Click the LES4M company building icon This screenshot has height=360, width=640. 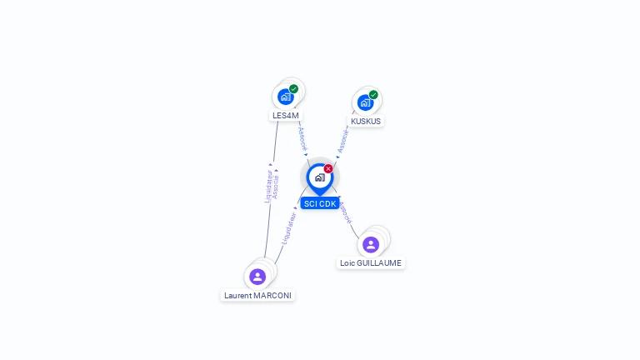pyautogui.click(x=286, y=97)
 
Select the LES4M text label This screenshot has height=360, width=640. pyautogui.click(x=286, y=116)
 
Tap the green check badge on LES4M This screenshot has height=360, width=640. pyautogui.click(x=293, y=89)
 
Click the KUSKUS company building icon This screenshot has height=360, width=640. pyautogui.click(x=365, y=102)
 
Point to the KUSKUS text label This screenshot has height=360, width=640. pyautogui.click(x=366, y=122)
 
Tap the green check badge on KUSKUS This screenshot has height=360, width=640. pyautogui.click(x=373, y=95)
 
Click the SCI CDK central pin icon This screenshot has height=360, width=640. pyautogui.click(x=320, y=177)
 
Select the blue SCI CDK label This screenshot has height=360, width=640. pyautogui.click(x=320, y=203)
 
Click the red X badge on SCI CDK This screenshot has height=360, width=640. pyautogui.click(x=328, y=169)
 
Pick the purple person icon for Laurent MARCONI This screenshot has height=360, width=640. pyautogui.click(x=257, y=277)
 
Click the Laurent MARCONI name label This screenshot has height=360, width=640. pyautogui.click(x=258, y=296)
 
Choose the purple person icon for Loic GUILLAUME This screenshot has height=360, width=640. pyautogui.click(x=371, y=244)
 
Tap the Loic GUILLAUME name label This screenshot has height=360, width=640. pyautogui.click(x=371, y=263)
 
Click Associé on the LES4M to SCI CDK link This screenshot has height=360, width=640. pyautogui.click(x=302, y=138)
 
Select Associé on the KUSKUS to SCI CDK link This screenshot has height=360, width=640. pyautogui.click(x=342, y=141)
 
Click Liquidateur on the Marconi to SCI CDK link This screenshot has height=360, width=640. pyautogui.click(x=289, y=227)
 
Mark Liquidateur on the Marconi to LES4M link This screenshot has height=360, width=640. pyautogui.click(x=268, y=186)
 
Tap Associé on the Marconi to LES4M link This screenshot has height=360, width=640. pyautogui.click(x=276, y=186)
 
